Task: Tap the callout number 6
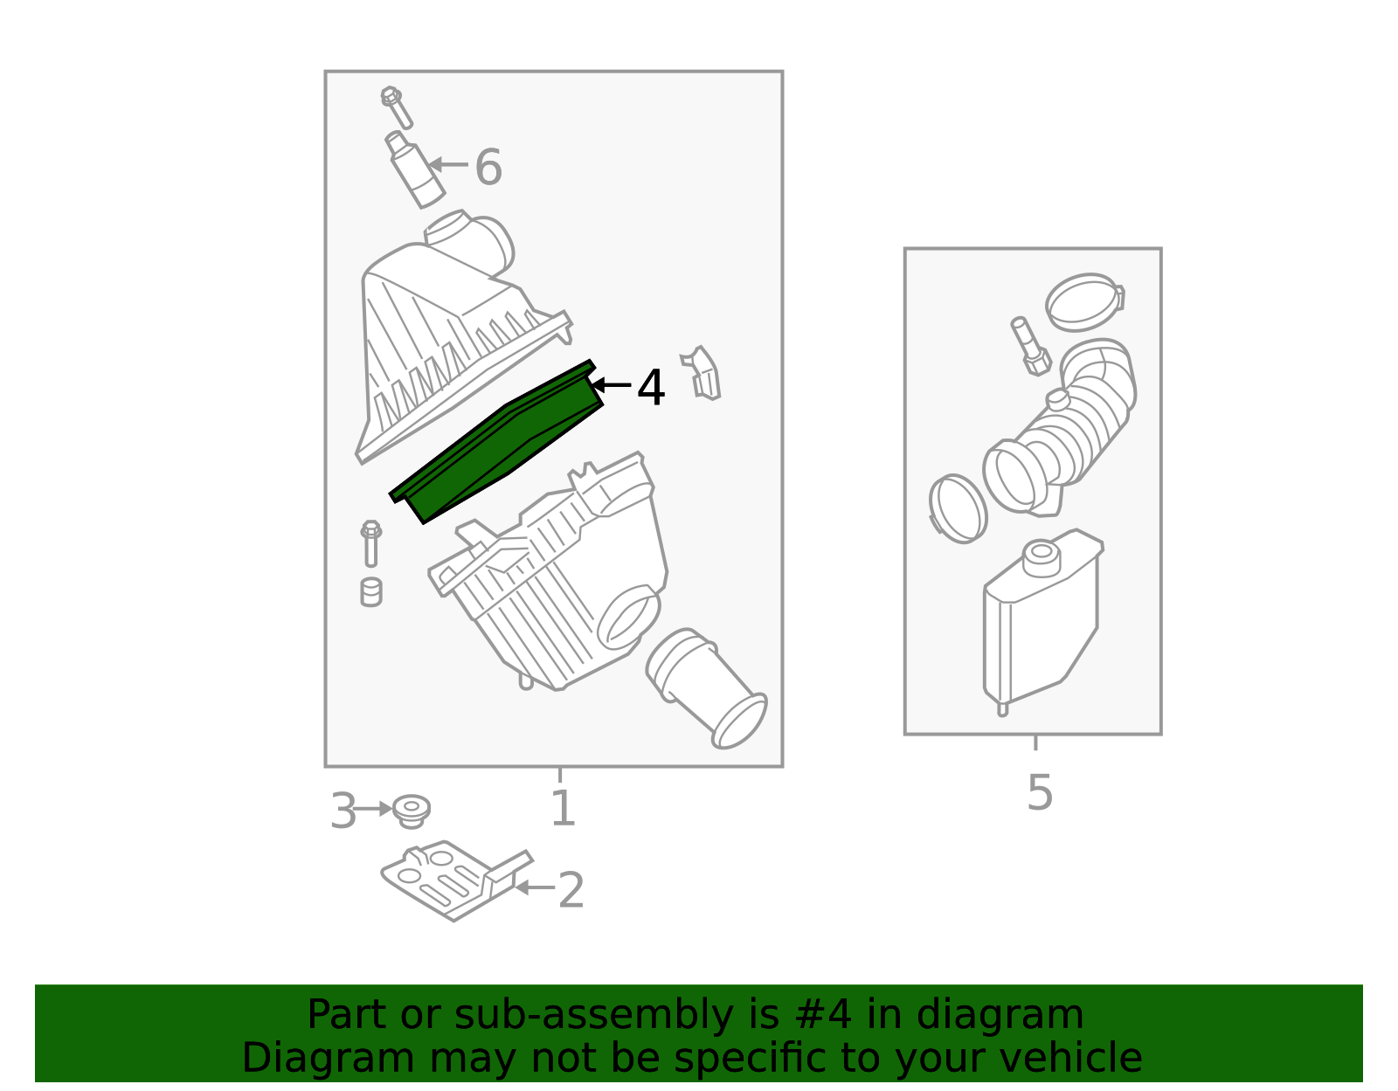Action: click(x=488, y=167)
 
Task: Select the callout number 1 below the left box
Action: click(x=563, y=808)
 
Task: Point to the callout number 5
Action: click(x=1040, y=792)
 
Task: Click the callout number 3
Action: click(x=343, y=811)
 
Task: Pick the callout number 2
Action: click(x=571, y=890)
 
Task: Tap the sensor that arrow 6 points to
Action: click(x=415, y=169)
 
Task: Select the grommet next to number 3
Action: click(x=412, y=811)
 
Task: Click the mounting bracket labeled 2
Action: click(x=454, y=880)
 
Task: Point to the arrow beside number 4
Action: click(x=611, y=385)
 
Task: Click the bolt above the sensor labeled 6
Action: click(x=397, y=107)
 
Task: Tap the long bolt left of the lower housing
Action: click(x=371, y=544)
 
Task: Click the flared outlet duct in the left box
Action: click(x=706, y=688)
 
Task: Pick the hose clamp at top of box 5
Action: click(x=1084, y=302)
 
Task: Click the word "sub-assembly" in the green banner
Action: click(x=593, y=1015)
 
